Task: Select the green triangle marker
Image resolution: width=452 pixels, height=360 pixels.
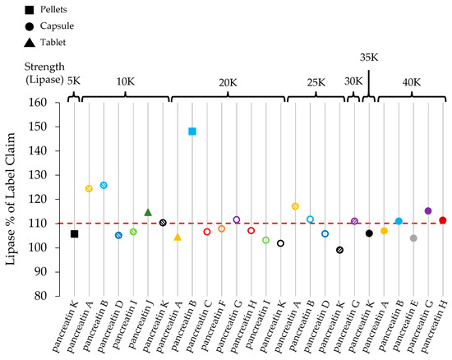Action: point(148,212)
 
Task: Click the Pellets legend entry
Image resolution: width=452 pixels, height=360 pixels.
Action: point(46,9)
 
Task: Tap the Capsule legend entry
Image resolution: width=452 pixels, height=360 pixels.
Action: point(47,25)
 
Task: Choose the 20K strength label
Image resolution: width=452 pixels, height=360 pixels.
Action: point(228,83)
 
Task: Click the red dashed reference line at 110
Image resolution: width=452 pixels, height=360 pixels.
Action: point(263,224)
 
